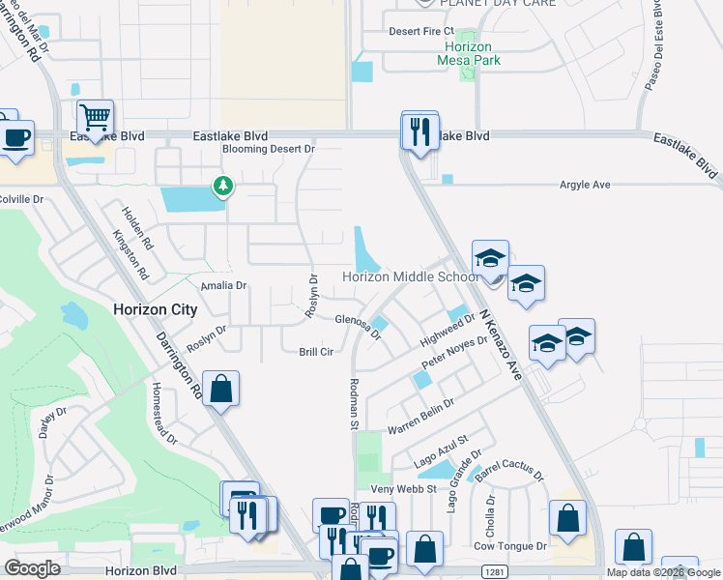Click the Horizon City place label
[x=155, y=310]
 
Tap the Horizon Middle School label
[x=411, y=277]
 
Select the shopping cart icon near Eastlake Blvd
[x=95, y=118]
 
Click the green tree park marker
[x=223, y=185]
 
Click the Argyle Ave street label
[x=586, y=185]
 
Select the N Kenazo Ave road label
[x=500, y=340]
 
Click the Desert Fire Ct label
[x=420, y=31]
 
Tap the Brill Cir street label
[x=316, y=353]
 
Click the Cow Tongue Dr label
[x=510, y=546]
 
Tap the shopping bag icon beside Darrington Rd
[x=220, y=390]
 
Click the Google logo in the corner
[x=33, y=568]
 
